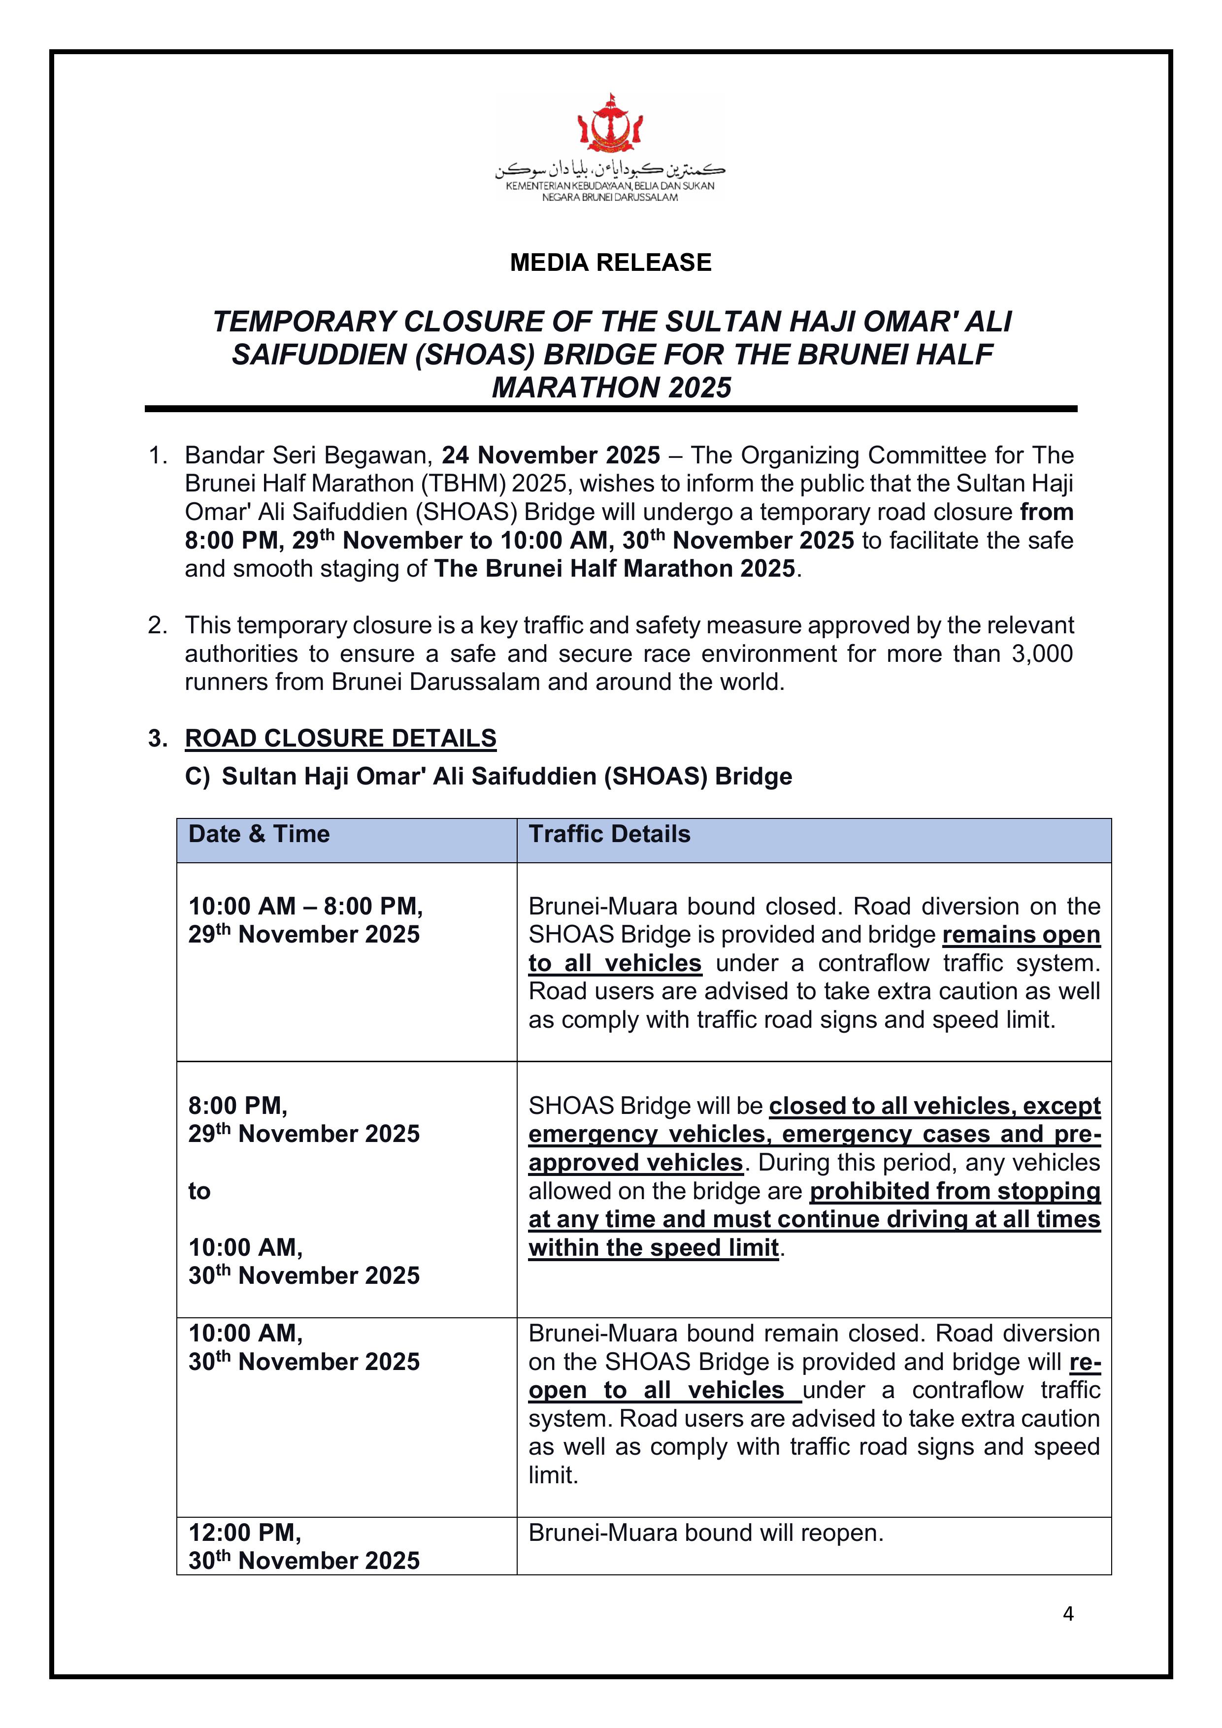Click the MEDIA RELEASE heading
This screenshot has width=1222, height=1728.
[x=611, y=262]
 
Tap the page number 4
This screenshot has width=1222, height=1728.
[x=1068, y=1613]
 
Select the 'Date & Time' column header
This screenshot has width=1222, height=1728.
[x=259, y=834]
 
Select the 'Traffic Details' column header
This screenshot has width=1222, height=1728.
[x=609, y=834]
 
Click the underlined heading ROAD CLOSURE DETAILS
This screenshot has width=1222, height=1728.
[x=340, y=738]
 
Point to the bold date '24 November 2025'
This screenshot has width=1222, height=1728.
[x=550, y=456]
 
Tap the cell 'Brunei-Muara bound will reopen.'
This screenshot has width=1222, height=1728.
[x=705, y=1532]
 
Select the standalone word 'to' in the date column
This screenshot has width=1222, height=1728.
[x=199, y=1191]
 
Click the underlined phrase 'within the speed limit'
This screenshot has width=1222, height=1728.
[x=653, y=1248]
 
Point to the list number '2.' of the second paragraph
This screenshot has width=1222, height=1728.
[x=157, y=625]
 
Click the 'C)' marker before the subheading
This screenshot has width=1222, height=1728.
[x=198, y=777]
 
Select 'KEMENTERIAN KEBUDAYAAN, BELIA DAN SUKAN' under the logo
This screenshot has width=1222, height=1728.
[x=610, y=186]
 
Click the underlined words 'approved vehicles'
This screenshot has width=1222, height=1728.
[x=635, y=1163]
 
